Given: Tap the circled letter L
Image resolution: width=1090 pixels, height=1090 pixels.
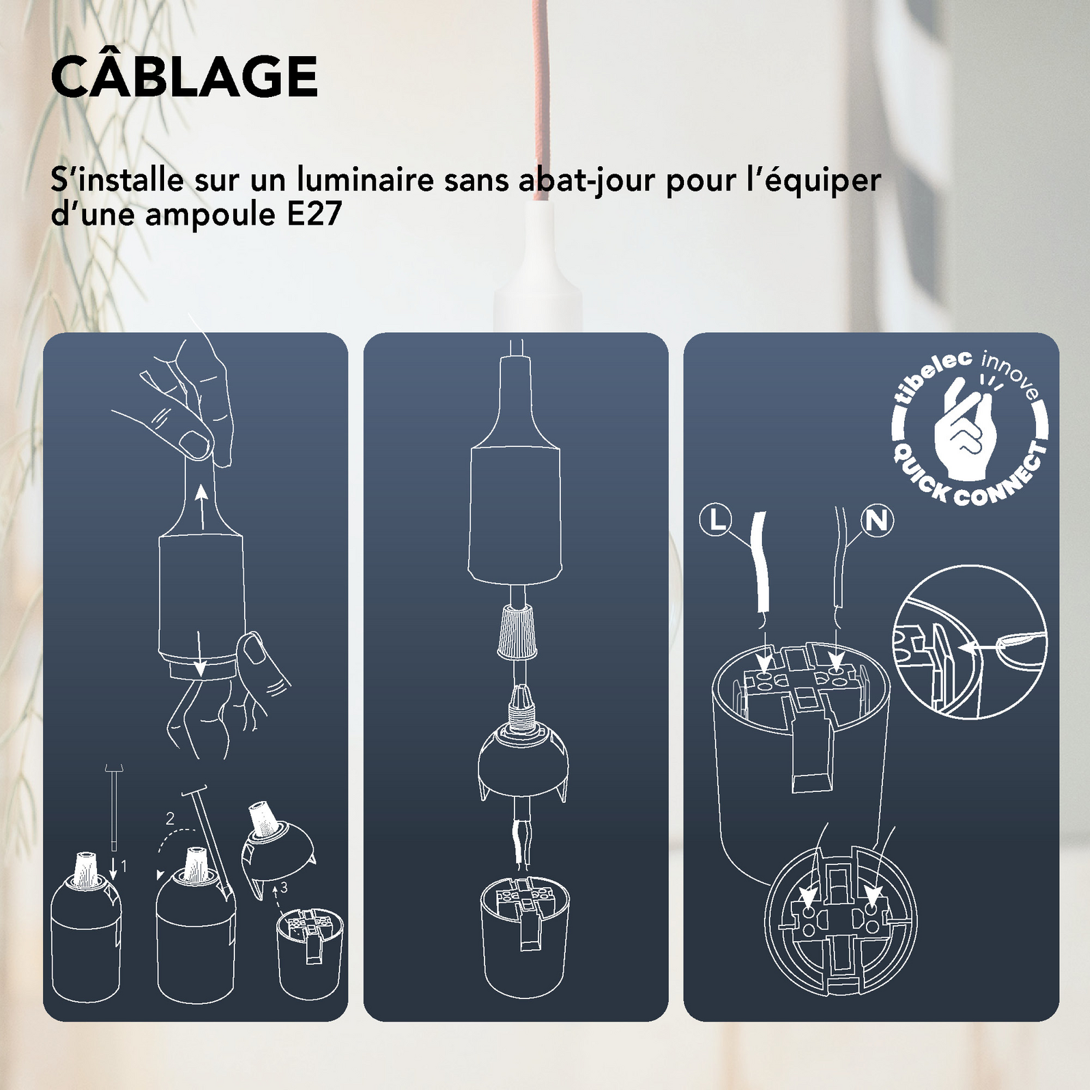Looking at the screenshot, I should (716, 521).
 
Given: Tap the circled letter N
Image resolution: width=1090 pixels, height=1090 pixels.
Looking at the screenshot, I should (877, 521).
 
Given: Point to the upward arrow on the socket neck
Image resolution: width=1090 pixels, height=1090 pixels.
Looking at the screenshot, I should (201, 506).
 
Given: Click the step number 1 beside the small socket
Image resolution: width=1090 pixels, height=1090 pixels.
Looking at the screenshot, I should (124, 867).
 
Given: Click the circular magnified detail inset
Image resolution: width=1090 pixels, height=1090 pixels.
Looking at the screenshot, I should (970, 646).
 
